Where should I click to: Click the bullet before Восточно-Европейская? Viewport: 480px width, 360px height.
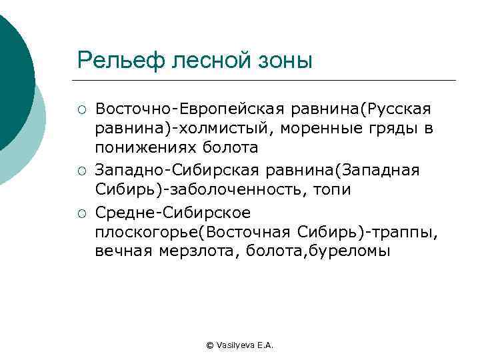click(81, 109)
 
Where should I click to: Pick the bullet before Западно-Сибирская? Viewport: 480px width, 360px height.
click(81, 171)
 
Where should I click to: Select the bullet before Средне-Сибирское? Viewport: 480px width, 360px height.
click(81, 213)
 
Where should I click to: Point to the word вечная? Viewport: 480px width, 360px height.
click(125, 252)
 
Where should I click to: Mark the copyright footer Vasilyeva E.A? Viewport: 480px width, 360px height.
click(240, 345)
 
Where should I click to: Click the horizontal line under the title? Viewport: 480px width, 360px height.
click(267, 81)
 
